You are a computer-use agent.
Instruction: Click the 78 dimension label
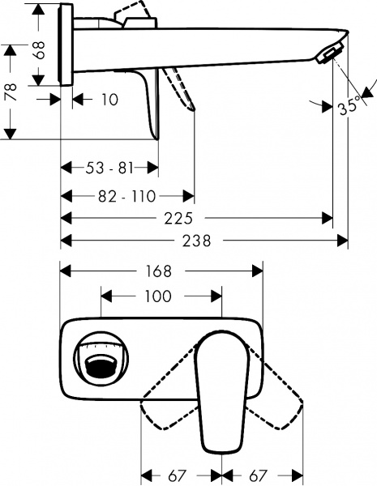[x=11, y=91]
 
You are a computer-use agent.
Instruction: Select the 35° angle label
[x=350, y=106]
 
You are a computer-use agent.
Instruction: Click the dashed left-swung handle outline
[x=166, y=405]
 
